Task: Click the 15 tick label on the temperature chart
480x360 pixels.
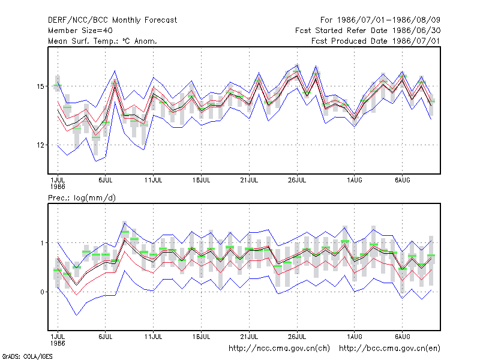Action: coord(40,86)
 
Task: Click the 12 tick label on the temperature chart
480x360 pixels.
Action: coord(40,145)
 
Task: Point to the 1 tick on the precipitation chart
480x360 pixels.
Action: coord(42,243)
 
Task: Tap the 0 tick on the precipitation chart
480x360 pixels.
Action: coord(42,292)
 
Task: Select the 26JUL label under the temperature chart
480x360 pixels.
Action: coord(297,181)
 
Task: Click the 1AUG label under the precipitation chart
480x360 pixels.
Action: coord(355,337)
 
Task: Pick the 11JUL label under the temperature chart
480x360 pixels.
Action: coord(154,181)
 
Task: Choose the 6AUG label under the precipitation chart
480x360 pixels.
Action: coord(402,337)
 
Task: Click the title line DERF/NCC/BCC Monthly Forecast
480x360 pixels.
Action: coord(112,20)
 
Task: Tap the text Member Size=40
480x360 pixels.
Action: coord(80,31)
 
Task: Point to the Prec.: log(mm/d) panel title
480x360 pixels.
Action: coord(82,198)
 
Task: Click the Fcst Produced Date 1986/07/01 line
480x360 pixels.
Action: coord(376,41)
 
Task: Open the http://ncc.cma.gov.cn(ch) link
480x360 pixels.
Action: coord(279,349)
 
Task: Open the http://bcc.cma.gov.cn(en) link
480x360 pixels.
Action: coord(389,349)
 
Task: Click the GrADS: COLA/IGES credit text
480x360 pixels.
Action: coord(27,356)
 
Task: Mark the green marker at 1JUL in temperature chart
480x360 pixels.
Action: coord(58,85)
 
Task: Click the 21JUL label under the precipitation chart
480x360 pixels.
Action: coord(249,337)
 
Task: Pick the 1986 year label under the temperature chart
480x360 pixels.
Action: coord(58,187)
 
